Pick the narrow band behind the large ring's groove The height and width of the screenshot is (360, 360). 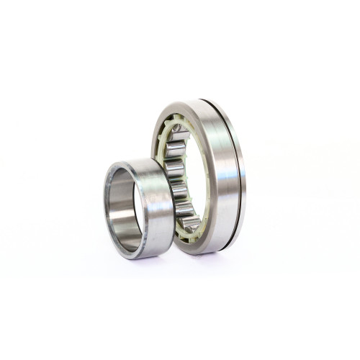(x=240, y=176)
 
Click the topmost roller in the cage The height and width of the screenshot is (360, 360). (x=177, y=130)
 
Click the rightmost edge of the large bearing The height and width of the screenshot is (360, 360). (x=246, y=176)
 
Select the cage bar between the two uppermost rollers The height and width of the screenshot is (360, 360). (x=173, y=141)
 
